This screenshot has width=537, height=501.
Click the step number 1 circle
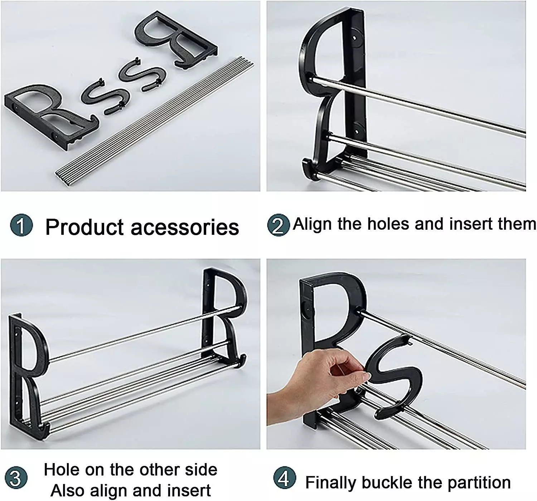21,225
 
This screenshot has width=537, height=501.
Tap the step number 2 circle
279,225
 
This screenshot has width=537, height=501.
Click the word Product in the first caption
84,227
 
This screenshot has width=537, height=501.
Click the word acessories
185,228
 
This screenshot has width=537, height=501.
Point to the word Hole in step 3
62,470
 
